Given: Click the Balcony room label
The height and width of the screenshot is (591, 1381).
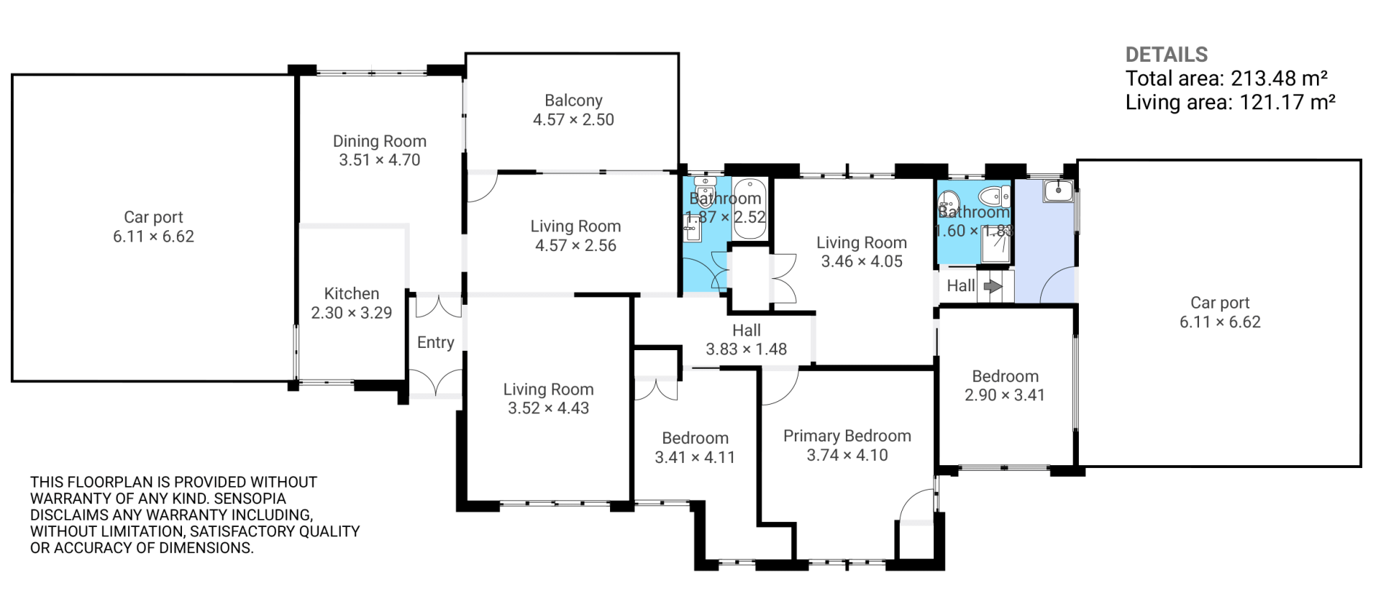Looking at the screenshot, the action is pyautogui.click(x=573, y=110).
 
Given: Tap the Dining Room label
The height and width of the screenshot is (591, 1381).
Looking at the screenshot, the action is pyautogui.click(x=380, y=150).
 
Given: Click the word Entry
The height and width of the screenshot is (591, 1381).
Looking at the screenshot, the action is pyautogui.click(x=436, y=343).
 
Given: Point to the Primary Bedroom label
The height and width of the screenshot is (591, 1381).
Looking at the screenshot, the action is pyautogui.click(x=847, y=445).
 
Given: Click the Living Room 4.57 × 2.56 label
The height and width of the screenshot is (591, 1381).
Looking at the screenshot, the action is pyautogui.click(x=576, y=236).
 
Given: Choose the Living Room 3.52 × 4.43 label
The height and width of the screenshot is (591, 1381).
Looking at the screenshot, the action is pyautogui.click(x=549, y=398).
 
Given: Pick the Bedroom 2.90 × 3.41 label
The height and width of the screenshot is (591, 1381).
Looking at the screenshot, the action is pyautogui.click(x=1005, y=385).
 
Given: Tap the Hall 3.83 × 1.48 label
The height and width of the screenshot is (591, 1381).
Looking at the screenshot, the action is pyautogui.click(x=747, y=339).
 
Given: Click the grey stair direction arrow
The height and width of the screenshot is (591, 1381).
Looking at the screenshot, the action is pyautogui.click(x=993, y=286).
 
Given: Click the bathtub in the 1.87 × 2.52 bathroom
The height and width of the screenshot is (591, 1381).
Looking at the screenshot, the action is pyautogui.click(x=750, y=209).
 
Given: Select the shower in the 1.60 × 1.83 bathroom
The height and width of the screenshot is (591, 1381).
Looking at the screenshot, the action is pyautogui.click(x=996, y=245).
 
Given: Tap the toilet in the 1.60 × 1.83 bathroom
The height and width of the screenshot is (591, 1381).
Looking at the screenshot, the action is pyautogui.click(x=995, y=196).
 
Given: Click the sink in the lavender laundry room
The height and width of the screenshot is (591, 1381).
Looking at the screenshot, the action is pyautogui.click(x=1058, y=191).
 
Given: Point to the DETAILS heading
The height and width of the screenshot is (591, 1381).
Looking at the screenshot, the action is pyautogui.click(x=1167, y=55).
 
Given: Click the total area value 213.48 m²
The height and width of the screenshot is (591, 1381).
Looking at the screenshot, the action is pyautogui.click(x=1279, y=78).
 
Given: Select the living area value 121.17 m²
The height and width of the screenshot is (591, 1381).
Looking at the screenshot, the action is pyautogui.click(x=1287, y=102).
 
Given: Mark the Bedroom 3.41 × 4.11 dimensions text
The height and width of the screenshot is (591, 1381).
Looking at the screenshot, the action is pyautogui.click(x=695, y=457).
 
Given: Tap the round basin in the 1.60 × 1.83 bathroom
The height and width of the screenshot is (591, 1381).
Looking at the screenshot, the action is pyautogui.click(x=949, y=201).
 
